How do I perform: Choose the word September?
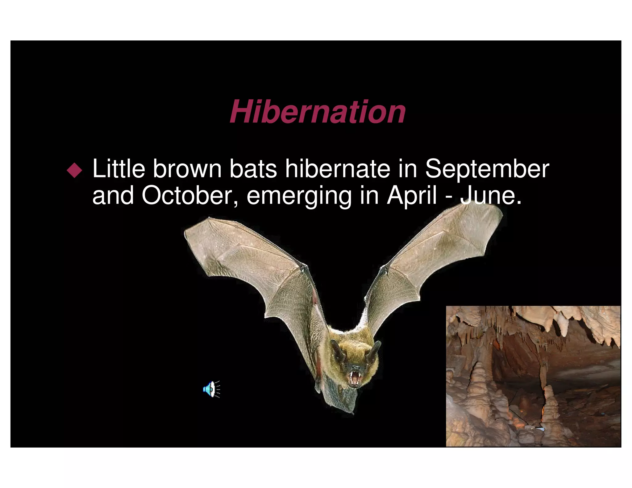(x=487, y=170)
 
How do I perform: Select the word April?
(x=412, y=196)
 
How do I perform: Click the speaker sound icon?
(x=211, y=389)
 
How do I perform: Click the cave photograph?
(x=533, y=376)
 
